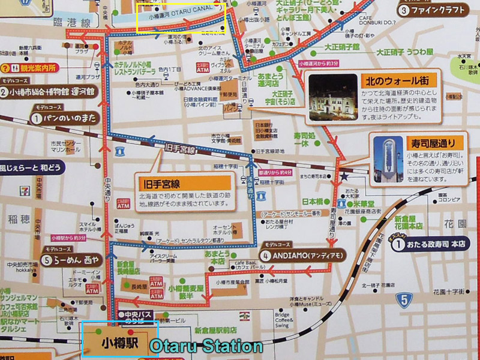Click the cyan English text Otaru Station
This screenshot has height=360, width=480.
click(x=205, y=346)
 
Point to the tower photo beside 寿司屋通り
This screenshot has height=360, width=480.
click(x=388, y=159)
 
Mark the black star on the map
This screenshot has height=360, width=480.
click(x=344, y=177)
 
